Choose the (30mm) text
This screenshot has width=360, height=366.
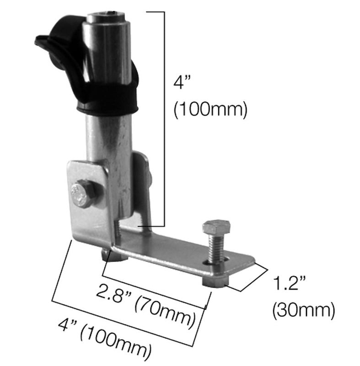point(303,311)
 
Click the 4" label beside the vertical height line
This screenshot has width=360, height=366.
point(182,83)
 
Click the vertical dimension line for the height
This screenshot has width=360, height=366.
point(164,119)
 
